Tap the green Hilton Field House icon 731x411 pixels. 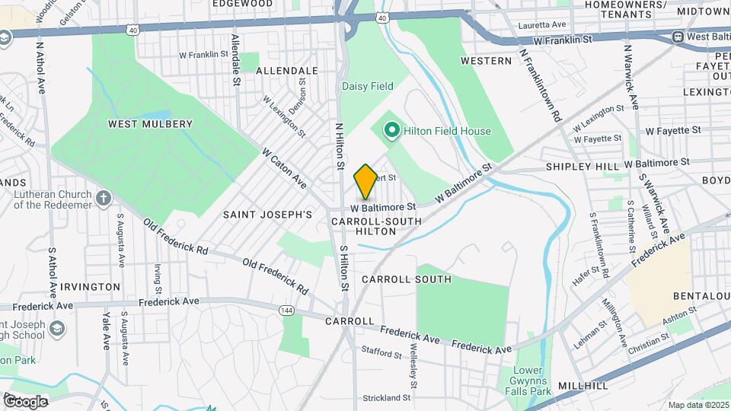pos(392,131)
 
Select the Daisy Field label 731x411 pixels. pos(367,86)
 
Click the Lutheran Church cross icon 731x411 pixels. pos(104,198)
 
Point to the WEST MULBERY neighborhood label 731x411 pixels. pos(150,123)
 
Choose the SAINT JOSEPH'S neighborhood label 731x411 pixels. pos(267,215)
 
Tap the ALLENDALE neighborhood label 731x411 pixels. pos(286,70)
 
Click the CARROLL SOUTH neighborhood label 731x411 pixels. pos(407,279)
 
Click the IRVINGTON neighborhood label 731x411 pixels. pos(92,286)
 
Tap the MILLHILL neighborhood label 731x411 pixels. pos(583,386)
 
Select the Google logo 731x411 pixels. pos(24,401)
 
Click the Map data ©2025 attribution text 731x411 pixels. pos(698,405)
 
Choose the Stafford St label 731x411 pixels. pos(381,354)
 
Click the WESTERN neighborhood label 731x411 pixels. pos(486,60)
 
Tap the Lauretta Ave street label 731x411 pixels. pos(541,24)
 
